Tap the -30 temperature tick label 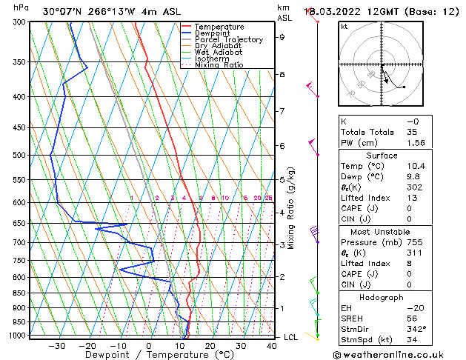click(x=56, y=345)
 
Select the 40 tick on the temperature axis click(x=271, y=345)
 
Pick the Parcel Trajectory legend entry click(x=228, y=40)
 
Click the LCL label click(x=292, y=337)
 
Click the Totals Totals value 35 click(x=412, y=132)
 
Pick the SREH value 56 click(x=412, y=318)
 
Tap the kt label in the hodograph click(x=344, y=26)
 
